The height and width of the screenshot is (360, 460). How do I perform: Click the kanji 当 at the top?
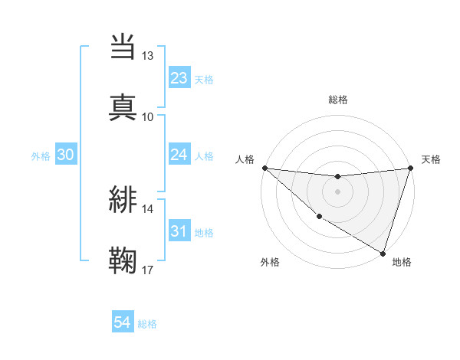pos(123,47)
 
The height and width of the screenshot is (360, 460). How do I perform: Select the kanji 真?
pos(123,107)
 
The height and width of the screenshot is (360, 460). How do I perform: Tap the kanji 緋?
pos(123,199)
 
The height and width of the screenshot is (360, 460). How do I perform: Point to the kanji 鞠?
pos(123,260)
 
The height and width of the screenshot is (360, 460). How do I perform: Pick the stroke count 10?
pos(147,116)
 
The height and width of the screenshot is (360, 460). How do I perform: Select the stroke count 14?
pos(147,208)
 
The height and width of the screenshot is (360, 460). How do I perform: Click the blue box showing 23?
pos(179,78)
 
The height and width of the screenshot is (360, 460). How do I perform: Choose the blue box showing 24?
pos(179,155)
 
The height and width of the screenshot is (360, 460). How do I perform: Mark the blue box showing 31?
pos(179,231)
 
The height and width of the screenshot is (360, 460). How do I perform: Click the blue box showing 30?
pos(66,155)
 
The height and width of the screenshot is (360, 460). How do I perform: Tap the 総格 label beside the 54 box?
pos(147,324)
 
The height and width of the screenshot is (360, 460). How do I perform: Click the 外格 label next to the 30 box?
pos(41,156)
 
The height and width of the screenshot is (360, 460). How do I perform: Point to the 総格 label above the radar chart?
pos(337,100)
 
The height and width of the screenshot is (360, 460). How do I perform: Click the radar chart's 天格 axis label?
pos(431,159)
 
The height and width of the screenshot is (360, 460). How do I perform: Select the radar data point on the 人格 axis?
pos(264,168)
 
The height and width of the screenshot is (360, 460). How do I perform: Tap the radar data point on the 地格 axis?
pos(383,253)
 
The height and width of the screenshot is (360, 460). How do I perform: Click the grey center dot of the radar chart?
pos(337,191)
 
